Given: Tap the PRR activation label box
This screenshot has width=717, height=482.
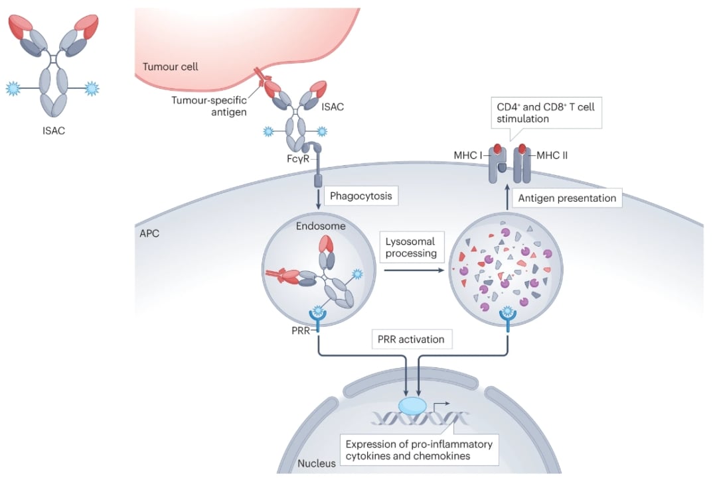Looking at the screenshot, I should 412,339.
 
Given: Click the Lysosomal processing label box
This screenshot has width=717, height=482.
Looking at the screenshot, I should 412,247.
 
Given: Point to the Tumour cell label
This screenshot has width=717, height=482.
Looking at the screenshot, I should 171,67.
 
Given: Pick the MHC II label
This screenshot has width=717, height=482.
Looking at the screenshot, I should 552,156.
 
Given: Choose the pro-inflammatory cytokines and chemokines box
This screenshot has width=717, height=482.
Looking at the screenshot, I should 418,450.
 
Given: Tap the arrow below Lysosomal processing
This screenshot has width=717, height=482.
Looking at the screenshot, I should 412,270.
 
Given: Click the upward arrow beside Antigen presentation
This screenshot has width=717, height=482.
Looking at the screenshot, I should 508,197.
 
